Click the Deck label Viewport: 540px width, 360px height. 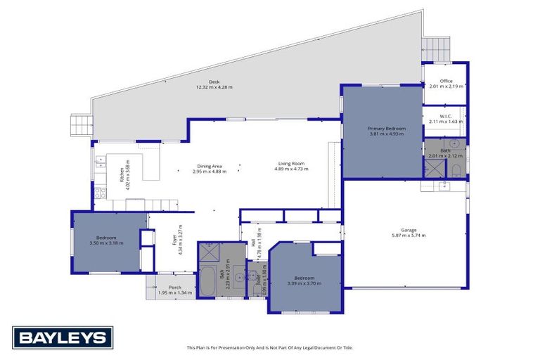[x=214, y=82]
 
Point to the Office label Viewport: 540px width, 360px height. [x=445, y=82]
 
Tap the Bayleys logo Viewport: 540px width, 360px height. [x=62, y=337]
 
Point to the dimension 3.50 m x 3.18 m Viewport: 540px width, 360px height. [x=107, y=243]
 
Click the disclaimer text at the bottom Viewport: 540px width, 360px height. [x=269, y=347]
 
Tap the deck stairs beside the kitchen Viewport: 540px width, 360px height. [x=79, y=126]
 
